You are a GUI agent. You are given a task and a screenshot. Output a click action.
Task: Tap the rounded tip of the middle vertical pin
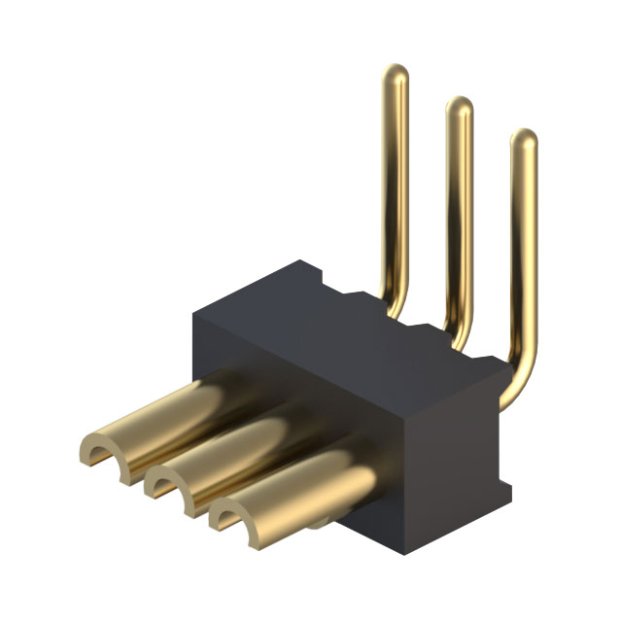click(459, 106)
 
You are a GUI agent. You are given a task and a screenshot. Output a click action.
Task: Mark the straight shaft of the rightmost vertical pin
click(523, 253)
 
